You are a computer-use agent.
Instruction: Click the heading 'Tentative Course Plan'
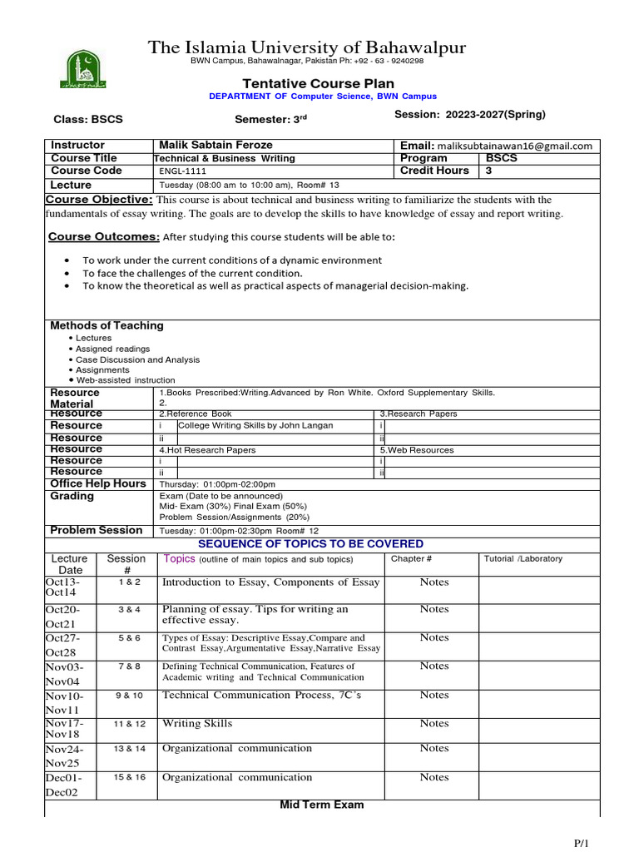click(318, 83)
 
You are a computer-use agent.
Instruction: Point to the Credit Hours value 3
click(489, 171)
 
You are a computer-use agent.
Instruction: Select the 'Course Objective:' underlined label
click(98, 200)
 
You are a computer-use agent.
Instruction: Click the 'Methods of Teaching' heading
click(106, 325)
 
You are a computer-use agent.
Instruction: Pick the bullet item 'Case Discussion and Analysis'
click(137, 359)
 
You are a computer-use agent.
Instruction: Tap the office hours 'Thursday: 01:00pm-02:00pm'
click(217, 484)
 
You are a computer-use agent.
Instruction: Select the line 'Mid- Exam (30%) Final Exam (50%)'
click(233, 506)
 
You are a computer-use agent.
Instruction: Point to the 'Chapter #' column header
click(411, 559)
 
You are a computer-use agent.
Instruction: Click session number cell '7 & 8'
click(129, 666)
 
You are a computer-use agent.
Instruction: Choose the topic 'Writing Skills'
click(197, 724)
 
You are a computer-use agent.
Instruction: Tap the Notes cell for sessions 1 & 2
click(433, 582)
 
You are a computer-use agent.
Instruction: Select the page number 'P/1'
click(581, 843)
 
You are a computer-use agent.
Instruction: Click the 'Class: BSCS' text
click(88, 119)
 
